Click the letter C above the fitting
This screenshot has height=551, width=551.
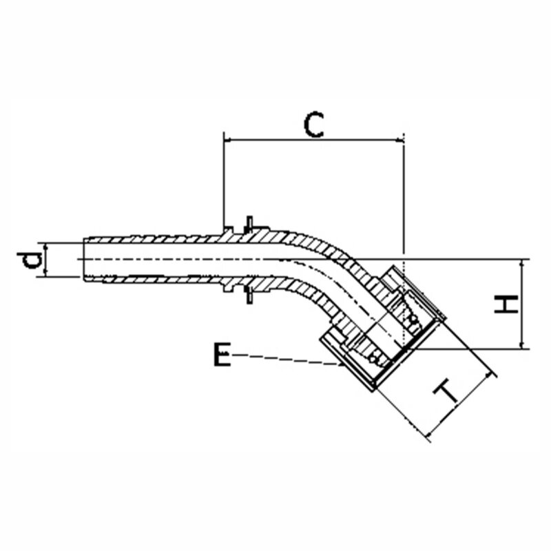[313, 125]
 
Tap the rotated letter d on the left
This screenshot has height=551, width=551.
[30, 260]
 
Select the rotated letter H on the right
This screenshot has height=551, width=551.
[506, 304]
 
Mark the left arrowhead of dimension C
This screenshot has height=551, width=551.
[228, 140]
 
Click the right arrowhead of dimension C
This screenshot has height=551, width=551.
[400, 140]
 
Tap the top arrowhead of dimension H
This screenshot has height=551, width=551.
[523, 264]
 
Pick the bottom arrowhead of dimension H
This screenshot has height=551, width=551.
[523, 344]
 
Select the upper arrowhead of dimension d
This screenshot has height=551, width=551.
[45, 247]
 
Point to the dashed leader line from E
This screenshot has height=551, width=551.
[287, 360]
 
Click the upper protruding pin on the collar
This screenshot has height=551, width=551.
[249, 223]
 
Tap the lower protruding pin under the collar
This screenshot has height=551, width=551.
[249, 296]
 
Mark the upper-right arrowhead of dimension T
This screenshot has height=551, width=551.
[489, 377]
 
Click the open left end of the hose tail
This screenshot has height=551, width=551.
[84, 260]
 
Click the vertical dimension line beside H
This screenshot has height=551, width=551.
[523, 304]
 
